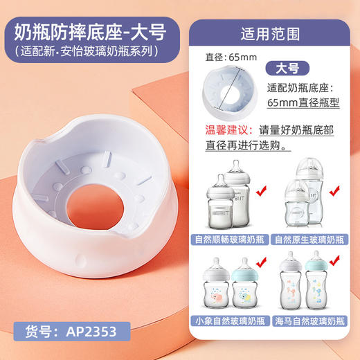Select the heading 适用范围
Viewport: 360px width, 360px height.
coord(267,32)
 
